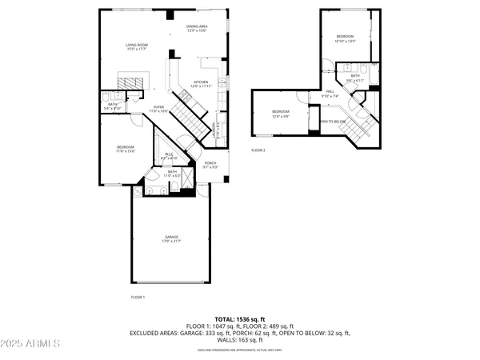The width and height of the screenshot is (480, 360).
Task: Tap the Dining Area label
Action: [197, 29]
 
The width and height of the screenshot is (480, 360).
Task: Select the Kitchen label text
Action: [201, 83]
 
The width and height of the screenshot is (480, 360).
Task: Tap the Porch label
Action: [210, 166]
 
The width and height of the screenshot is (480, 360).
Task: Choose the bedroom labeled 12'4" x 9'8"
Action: [280, 114]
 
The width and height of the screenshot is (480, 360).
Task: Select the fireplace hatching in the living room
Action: [133, 81]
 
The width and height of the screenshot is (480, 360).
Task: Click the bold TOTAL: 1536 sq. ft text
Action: [239, 319]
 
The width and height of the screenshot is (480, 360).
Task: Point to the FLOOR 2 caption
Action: [258, 150]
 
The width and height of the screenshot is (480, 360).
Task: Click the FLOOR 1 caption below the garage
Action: [138, 297]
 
